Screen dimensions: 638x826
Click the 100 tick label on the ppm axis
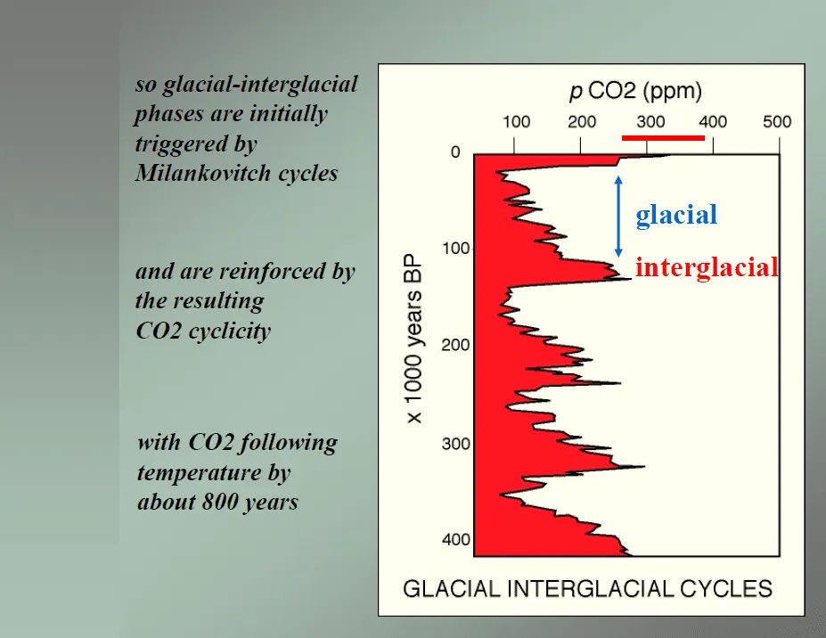(x=517, y=122)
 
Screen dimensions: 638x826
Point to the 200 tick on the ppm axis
(x=582, y=122)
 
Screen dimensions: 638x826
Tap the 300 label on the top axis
(x=650, y=122)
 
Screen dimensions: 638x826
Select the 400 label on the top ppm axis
(x=712, y=122)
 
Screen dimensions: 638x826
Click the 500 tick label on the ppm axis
(x=777, y=122)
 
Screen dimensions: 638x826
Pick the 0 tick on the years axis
(x=455, y=153)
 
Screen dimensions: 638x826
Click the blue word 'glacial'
(x=676, y=215)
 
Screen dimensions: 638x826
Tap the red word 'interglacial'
(x=707, y=266)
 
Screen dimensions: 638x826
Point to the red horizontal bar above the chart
(x=663, y=138)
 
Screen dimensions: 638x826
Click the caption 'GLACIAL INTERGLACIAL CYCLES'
(x=587, y=588)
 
